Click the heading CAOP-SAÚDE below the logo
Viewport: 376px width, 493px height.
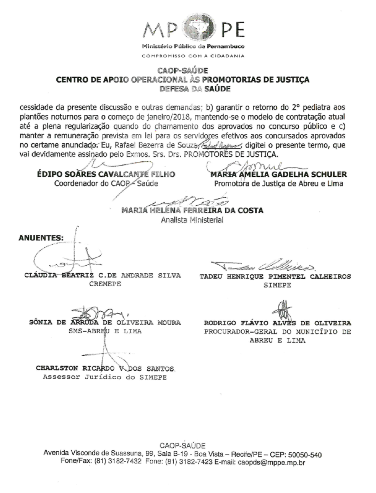[x=183, y=71]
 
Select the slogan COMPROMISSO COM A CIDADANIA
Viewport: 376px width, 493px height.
[x=193, y=56]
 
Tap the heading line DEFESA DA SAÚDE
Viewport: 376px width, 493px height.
[x=195, y=89]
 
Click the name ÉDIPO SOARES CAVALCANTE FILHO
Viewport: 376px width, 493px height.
[x=106, y=175]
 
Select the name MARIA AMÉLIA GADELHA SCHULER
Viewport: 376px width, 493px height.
[x=278, y=175]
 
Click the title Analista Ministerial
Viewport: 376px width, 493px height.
[x=192, y=220]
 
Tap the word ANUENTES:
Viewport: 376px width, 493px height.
[x=41, y=238]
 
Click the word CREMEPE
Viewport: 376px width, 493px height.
[x=105, y=284]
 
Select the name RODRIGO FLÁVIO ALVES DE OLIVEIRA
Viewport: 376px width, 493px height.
[x=277, y=323]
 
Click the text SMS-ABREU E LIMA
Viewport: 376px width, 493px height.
[x=105, y=331]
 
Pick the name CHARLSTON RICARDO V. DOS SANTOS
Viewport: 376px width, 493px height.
[x=105, y=368]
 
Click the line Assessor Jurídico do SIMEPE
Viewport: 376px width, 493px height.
[x=105, y=377]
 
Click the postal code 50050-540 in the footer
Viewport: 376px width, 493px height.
[x=305, y=455]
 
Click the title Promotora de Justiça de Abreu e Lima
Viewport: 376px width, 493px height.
[x=278, y=184]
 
